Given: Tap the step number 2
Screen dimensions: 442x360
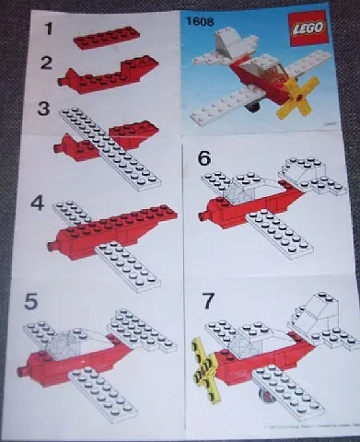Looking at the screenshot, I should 41,65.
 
